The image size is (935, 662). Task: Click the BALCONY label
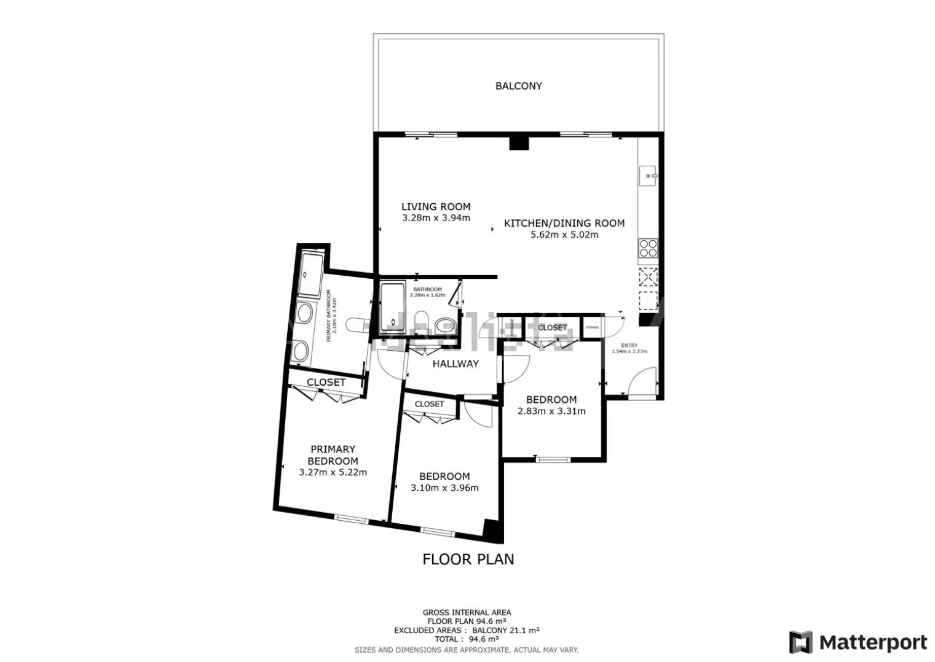[518, 86]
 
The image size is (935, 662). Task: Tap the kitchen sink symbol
[647, 176]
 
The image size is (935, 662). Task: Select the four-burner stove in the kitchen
[648, 248]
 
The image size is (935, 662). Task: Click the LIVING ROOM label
[436, 207]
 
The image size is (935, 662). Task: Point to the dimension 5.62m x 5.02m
[564, 235]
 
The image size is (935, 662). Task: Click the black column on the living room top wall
[519, 143]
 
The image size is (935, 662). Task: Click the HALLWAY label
[455, 364]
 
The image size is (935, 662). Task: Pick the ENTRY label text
[629, 345]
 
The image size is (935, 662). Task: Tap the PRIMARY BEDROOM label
[333, 455]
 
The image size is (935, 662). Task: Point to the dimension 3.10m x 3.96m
[444, 488]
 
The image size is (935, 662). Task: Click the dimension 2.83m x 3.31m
[551, 411]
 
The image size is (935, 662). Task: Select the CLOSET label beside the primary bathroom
[326, 382]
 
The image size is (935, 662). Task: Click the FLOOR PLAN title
[468, 559]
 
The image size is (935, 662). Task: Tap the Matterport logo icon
[800, 642]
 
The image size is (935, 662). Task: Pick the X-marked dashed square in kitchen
[647, 277]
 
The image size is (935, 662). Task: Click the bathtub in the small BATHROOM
[392, 306]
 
